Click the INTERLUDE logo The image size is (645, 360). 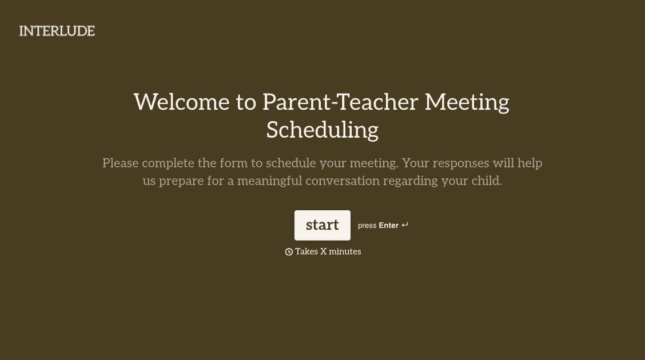click(57, 31)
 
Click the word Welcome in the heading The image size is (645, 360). click(181, 102)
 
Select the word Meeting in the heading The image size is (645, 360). click(467, 102)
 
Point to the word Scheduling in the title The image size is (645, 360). click(322, 130)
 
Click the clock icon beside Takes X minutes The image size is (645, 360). click(289, 252)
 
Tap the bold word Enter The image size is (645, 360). click(388, 226)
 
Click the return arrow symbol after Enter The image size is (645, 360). click(405, 225)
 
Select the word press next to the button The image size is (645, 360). click(367, 226)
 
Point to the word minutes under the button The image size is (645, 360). click(345, 251)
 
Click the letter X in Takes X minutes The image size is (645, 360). click(323, 251)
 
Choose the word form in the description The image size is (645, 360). click(233, 163)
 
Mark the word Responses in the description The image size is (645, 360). click(461, 163)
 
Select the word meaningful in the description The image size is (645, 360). click(269, 181)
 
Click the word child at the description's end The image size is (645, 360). click(486, 181)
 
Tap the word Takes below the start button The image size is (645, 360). click(306, 251)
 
